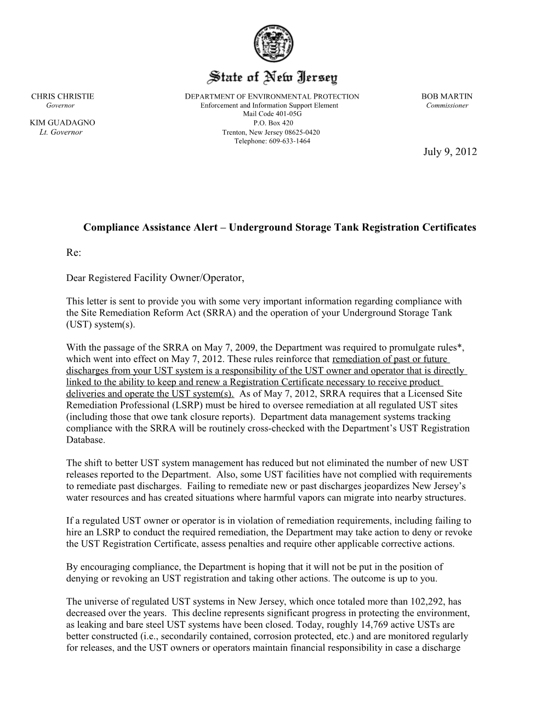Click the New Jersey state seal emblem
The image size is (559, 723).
point(272,44)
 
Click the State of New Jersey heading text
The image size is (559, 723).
point(272,77)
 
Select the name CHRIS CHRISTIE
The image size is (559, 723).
point(62,96)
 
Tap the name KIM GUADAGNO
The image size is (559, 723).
point(62,122)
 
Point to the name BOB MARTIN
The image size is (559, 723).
point(446,96)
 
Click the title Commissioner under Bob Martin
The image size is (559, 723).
point(447,105)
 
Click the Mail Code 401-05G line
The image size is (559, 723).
point(272,114)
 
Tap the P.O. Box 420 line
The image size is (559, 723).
point(272,123)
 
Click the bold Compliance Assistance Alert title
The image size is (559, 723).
point(279,227)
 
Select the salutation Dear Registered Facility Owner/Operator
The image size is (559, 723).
point(155,278)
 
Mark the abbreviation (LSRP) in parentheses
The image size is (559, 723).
point(159,405)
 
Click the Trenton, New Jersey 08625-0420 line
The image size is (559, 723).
point(271,132)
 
